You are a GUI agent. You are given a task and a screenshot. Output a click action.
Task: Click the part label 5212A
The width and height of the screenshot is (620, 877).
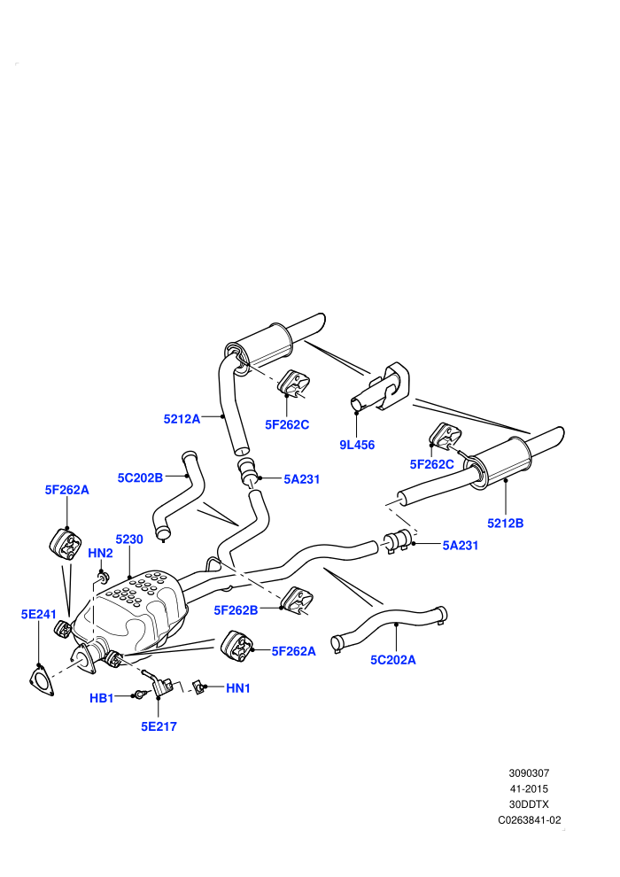182,418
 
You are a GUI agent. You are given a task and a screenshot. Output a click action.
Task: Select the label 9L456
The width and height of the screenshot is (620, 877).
357,446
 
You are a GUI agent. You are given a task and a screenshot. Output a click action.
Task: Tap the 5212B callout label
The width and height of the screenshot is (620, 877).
506,524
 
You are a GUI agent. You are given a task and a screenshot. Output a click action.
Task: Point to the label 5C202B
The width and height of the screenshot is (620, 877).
140,477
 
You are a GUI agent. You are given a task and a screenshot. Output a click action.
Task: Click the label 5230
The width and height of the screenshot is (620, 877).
129,539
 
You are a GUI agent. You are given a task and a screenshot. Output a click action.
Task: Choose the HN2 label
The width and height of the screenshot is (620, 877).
101,553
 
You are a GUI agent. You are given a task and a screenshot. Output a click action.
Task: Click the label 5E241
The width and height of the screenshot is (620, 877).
39,614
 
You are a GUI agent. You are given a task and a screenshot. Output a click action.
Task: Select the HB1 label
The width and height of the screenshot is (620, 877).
102,698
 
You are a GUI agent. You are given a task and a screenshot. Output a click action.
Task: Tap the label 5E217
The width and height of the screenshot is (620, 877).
159,726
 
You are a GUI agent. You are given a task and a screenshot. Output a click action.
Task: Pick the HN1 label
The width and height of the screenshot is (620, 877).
238,688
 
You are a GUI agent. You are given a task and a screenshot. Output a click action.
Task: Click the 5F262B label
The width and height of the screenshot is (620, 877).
236,610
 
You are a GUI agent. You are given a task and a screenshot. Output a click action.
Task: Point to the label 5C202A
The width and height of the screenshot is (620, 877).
393,660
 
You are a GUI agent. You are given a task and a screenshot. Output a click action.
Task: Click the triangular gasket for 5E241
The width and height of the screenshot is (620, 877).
42,680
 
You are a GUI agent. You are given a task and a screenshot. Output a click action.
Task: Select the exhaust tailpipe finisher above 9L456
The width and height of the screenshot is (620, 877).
381,387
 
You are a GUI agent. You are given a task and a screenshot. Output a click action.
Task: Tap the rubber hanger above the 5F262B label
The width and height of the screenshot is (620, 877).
297,600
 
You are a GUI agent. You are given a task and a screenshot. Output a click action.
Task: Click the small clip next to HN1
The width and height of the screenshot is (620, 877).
198,687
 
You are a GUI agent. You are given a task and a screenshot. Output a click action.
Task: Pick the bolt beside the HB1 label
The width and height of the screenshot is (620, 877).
142,695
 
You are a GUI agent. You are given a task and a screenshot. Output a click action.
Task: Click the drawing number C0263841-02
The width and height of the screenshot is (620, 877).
530,820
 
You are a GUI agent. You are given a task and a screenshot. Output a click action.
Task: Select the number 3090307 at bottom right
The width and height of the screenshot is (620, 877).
529,773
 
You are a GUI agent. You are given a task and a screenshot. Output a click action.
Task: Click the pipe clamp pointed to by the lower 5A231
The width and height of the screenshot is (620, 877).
398,542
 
